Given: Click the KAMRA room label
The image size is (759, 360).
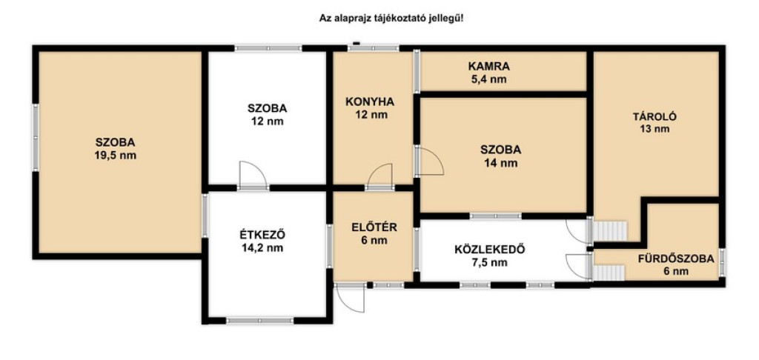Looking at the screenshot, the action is [x=488, y=66].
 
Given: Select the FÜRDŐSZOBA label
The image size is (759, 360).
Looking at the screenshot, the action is [x=676, y=259].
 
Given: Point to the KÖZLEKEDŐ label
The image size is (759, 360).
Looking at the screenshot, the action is [x=489, y=250].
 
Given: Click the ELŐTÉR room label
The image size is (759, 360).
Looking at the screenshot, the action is [x=374, y=227].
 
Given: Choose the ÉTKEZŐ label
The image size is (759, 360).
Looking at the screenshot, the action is [x=262, y=235].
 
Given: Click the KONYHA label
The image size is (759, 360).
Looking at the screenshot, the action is [x=370, y=102].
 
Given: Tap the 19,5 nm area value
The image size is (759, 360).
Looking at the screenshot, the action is [x=115, y=156].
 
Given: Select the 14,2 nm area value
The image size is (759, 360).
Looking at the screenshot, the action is [x=262, y=248].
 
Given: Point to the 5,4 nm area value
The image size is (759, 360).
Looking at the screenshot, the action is [x=488, y=79].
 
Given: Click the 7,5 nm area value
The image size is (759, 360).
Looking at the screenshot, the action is [x=489, y=263].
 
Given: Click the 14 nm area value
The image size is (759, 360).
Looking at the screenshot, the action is [x=500, y=163].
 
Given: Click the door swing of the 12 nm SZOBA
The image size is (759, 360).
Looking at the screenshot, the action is [x=253, y=175].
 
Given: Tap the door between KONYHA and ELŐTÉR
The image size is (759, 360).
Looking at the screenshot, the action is [x=380, y=176].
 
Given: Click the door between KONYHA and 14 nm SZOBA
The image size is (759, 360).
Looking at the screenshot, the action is [x=429, y=161].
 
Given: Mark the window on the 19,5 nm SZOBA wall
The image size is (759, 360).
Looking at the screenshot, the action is [x=36, y=138].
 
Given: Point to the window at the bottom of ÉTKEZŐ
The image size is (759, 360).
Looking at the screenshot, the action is [x=259, y=320].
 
